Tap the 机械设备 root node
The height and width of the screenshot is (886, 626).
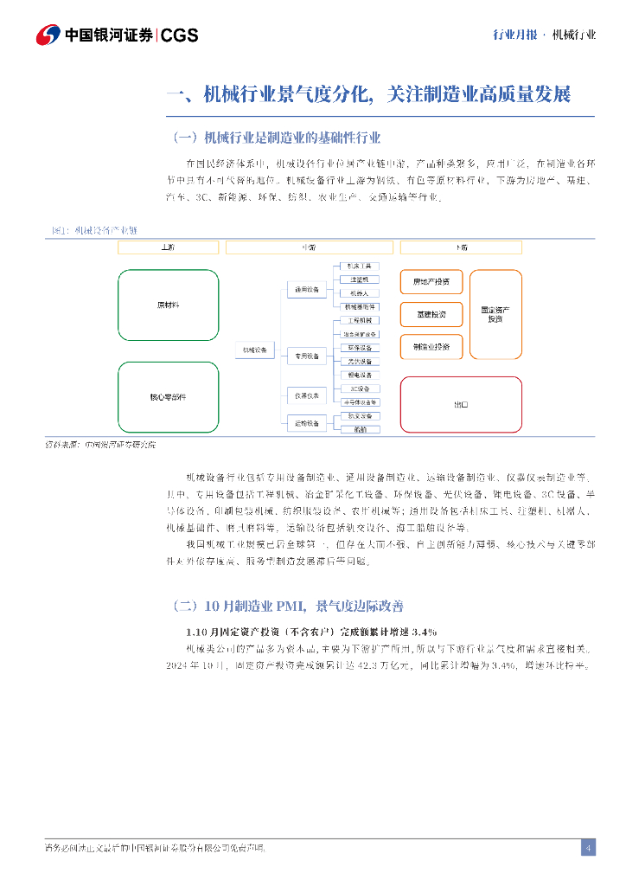tap(255, 350)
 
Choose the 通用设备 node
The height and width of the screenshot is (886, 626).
tap(307, 288)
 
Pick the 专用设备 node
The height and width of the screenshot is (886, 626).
tap(307, 355)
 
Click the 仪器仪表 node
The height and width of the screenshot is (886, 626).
tap(307, 395)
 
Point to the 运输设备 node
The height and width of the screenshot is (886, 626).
tap(307, 423)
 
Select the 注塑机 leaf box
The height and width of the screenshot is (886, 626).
tap(360, 279)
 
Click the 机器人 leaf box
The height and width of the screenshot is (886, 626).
tap(360, 293)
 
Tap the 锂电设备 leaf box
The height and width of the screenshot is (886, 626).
tap(360, 375)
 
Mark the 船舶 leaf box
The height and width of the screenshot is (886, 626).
tap(360, 429)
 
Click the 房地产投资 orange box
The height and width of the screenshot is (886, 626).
tap(431, 282)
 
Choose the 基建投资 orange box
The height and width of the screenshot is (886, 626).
tap(431, 314)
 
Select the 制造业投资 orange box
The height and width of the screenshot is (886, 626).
tap(431, 346)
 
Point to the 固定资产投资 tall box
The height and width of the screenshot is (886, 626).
tap(495, 314)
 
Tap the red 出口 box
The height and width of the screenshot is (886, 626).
tap(461, 404)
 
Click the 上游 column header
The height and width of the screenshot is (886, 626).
tap(168, 247)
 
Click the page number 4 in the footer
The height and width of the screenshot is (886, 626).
tap(588, 847)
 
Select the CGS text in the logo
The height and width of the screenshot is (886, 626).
tap(180, 35)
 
